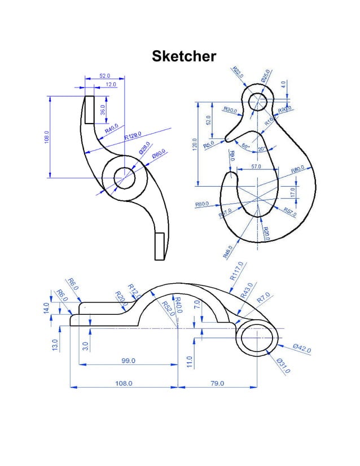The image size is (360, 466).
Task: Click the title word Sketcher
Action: pos(183,56)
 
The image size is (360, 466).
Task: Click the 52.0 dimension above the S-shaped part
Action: pos(105,75)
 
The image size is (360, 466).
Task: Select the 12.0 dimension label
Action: pos(110,84)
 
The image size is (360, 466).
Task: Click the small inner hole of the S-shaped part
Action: pos(125,178)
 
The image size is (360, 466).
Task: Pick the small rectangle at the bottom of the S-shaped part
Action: pos(159,245)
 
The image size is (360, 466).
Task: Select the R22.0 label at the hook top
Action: pos(238,73)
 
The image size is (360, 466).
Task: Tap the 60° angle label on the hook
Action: pos(245,146)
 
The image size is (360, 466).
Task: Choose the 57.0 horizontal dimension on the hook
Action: pos(256,167)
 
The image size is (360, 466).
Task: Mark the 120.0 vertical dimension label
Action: pos(195,144)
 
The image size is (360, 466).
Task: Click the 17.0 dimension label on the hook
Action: pos(292,192)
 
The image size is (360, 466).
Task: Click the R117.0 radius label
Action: pos(236,271)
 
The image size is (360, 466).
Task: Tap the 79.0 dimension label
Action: pos(217,383)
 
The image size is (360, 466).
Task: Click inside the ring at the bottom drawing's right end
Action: pos(257,339)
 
